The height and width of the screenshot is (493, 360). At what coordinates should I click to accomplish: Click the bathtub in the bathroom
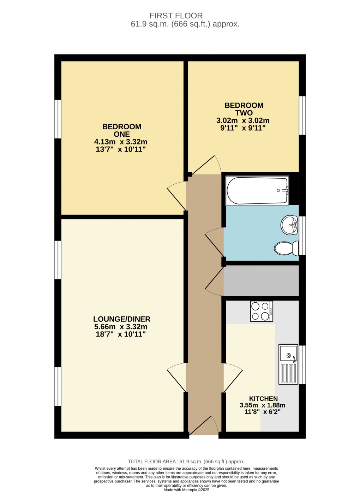257,191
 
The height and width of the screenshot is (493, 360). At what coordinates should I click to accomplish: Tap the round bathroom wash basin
289,225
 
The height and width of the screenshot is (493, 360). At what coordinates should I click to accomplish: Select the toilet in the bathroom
286,248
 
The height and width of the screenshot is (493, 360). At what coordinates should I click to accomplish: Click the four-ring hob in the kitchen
262,311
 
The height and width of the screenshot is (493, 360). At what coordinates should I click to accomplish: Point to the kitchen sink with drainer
288,364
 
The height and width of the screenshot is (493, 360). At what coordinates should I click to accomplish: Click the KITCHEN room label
263,399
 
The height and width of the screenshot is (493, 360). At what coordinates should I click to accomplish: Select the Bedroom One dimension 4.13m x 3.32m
120,142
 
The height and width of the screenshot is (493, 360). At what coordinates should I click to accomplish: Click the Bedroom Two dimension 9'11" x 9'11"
243,128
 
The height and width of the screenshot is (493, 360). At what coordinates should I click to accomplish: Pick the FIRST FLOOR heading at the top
176,16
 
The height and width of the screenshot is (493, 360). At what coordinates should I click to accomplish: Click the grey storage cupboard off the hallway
261,281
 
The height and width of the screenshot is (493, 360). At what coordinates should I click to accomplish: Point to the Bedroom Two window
302,115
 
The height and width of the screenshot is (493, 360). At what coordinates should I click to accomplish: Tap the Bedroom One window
58,119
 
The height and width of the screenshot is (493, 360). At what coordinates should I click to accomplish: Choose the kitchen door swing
233,378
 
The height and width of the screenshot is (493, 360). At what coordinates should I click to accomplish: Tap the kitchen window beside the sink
302,365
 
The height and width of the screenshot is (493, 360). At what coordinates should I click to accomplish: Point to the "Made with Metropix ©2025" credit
186,490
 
